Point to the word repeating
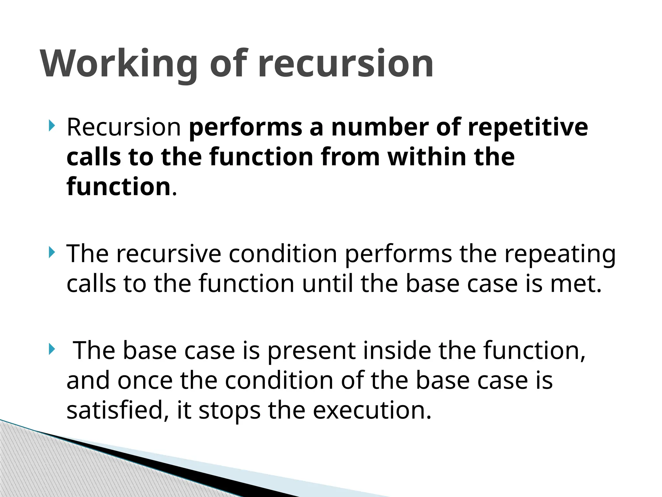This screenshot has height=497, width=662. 560,254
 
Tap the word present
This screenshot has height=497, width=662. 311,351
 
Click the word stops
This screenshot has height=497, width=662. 230,410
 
